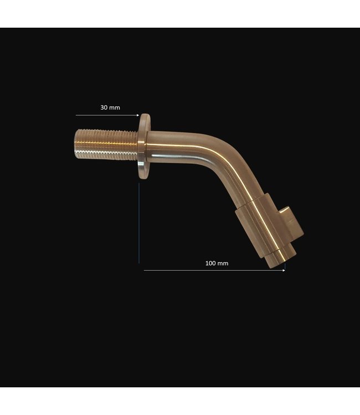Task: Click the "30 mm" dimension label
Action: pos(110,107)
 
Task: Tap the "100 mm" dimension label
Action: pos(217,263)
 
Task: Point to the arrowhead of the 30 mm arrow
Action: pos(137,115)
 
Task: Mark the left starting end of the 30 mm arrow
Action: pos(77,115)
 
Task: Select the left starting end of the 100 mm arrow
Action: pos(145,270)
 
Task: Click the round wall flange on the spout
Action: pos(144,147)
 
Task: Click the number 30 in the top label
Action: pos(104,107)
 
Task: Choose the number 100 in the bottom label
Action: pos(210,263)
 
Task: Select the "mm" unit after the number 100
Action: pos(223,263)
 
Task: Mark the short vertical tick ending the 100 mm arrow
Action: pos(285,267)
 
